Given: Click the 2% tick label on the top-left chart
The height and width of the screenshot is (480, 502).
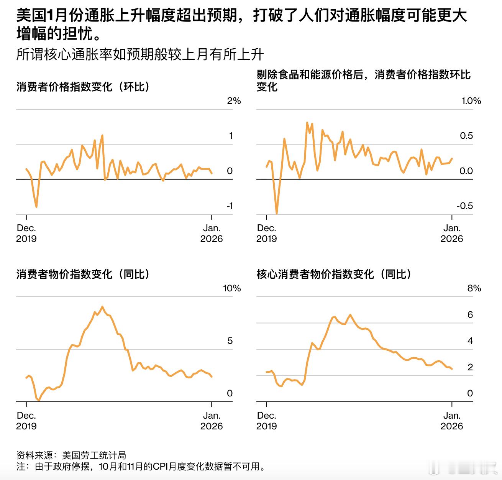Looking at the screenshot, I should coord(234,101).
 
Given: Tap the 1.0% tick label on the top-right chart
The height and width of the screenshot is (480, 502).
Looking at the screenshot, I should coord(471,101).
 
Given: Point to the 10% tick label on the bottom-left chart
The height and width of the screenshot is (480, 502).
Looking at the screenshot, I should coord(232,288).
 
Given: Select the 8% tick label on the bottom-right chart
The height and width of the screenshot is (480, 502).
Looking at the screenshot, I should coord(474,288).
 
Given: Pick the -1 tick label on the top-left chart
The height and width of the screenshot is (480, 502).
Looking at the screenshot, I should coord(230,206).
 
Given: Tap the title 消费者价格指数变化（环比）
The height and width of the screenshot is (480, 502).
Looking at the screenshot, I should coord(83,87).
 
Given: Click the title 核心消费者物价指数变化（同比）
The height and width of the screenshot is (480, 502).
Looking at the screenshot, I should coord(334,274).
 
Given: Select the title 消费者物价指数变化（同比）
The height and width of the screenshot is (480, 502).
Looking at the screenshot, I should coord(83,274).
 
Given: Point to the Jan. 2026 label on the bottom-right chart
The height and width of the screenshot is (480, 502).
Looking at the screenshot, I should coord(452,421).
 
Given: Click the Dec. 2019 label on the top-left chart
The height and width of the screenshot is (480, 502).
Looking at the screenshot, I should coord(26,233).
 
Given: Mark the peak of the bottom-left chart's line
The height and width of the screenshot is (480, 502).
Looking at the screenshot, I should coord(102,307).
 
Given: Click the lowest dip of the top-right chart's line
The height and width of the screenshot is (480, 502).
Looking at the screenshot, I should coord(277,213).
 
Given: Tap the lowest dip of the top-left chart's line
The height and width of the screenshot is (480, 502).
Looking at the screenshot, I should coord(36,207).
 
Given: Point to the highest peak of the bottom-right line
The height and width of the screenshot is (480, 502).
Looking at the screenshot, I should coord(350,315).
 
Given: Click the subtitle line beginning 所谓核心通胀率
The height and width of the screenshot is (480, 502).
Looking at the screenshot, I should coord(140,55).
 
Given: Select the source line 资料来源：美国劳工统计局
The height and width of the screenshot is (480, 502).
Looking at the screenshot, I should coord(71,455).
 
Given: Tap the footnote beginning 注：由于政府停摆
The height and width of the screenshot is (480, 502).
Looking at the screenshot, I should coord(141,467).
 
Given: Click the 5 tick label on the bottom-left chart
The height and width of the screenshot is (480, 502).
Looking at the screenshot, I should coord(230,341).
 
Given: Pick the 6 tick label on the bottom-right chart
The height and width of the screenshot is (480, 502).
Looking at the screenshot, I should coord(470,315).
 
